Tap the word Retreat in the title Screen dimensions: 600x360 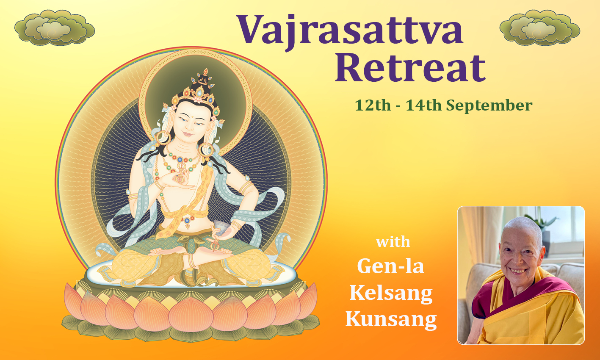pos(410,68)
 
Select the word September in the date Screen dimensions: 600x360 pos(489,105)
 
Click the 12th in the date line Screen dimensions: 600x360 pos(373,105)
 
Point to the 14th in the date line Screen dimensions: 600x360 pos(423,105)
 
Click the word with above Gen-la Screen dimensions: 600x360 pos(393,242)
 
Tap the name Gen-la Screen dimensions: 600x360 pos(391,266)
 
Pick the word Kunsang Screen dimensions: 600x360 pos(391,320)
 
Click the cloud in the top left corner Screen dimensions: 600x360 pos(55,28)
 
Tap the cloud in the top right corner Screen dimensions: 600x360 pos(540,28)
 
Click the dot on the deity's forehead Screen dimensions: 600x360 pos(192,116)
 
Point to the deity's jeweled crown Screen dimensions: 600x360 pos(197,98)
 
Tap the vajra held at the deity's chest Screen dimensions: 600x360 pos(180,175)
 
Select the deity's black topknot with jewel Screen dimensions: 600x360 pos(203,80)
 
